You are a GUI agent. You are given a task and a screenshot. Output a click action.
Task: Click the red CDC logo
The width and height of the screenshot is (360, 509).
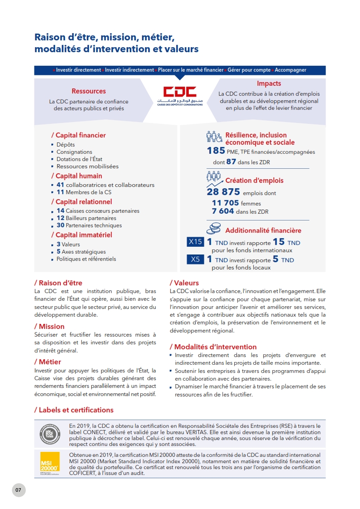coord(180,92)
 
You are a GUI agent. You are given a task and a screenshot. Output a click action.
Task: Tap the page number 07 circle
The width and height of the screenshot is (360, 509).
coord(19,490)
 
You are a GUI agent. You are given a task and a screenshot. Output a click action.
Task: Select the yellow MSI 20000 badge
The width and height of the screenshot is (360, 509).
coord(49,462)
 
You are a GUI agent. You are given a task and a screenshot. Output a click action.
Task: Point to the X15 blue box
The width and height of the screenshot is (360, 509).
coord(195,242)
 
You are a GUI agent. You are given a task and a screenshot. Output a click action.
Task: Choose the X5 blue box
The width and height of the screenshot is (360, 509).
coord(195,259)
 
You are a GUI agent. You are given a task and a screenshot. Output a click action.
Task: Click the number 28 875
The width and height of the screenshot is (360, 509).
coord(223,192)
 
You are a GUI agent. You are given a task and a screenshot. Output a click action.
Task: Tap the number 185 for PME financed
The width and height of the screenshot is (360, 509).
coord(216,151)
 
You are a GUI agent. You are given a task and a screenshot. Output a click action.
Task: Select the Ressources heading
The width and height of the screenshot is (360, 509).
coord(89,91)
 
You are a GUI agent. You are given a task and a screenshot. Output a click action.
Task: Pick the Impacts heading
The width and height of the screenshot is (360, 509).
coord(269,83)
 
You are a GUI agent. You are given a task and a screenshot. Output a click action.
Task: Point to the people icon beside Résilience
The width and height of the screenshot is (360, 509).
coord(214,137)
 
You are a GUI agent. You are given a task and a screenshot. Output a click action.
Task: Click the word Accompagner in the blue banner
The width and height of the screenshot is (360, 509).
coord(291,70)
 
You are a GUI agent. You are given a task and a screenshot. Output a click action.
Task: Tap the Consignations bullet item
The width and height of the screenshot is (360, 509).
coord(74,152)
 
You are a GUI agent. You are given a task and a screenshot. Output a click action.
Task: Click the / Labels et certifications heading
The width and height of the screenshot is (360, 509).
coord(74,410)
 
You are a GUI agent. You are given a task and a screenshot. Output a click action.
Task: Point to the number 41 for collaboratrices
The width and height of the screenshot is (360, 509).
coord(60,185)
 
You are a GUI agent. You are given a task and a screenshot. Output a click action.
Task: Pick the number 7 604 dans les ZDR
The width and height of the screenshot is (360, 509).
coord(223,211)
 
